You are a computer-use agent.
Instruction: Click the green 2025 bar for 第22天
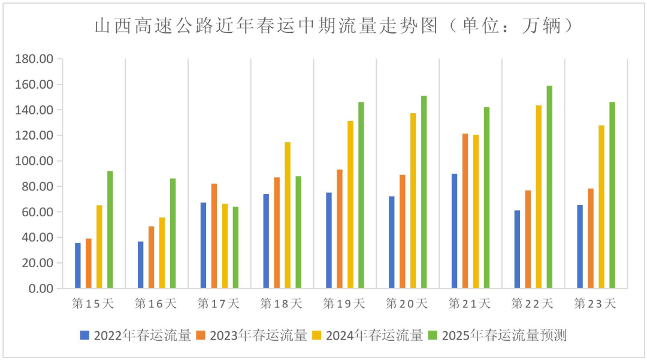(549, 187)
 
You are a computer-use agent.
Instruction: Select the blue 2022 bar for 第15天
(78, 265)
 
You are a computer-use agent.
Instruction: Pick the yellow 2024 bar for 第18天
(288, 215)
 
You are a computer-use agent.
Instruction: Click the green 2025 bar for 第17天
(235, 247)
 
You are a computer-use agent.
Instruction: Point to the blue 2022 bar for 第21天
(454, 231)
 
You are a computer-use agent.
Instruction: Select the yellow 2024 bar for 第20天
(413, 201)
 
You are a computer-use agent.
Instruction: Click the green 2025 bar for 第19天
(361, 195)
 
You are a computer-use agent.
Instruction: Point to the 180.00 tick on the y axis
(35, 59)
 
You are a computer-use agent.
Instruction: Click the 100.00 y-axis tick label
(35, 161)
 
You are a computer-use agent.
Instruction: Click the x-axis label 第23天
(595, 304)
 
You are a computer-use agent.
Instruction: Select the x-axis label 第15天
(93, 304)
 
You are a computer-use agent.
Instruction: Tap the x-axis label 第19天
(344, 304)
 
